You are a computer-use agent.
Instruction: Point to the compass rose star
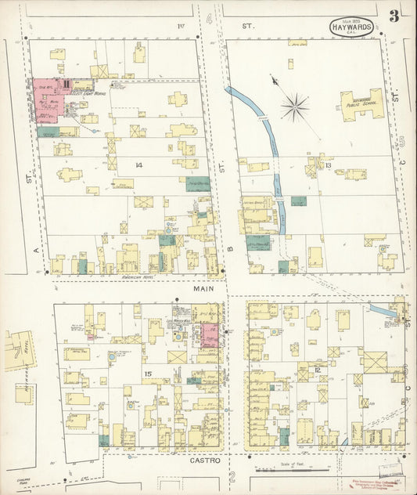294,106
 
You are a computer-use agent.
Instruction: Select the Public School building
361,106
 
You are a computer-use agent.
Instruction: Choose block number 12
318,370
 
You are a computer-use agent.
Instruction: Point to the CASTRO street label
206,461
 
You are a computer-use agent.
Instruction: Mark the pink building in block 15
209,335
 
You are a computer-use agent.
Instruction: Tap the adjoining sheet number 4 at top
210,16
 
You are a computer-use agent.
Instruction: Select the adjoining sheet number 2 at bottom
232,476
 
